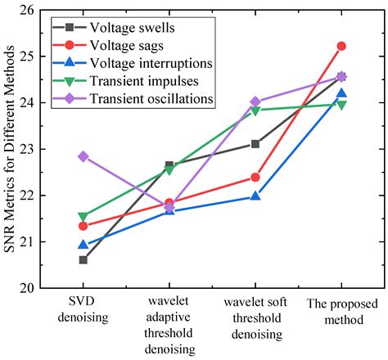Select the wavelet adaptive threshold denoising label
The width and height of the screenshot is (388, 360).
coord(169,326)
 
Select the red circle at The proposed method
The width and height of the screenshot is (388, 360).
coord(341,46)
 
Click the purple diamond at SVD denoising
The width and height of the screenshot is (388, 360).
coord(83,156)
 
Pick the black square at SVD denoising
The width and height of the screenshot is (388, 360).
coord(83,260)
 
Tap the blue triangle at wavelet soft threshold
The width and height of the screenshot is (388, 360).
coord(255,196)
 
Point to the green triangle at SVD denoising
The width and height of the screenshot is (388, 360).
coord(83,217)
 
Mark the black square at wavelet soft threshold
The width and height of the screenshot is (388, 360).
coord(255,144)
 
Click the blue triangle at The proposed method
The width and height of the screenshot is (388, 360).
coord(341,93)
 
